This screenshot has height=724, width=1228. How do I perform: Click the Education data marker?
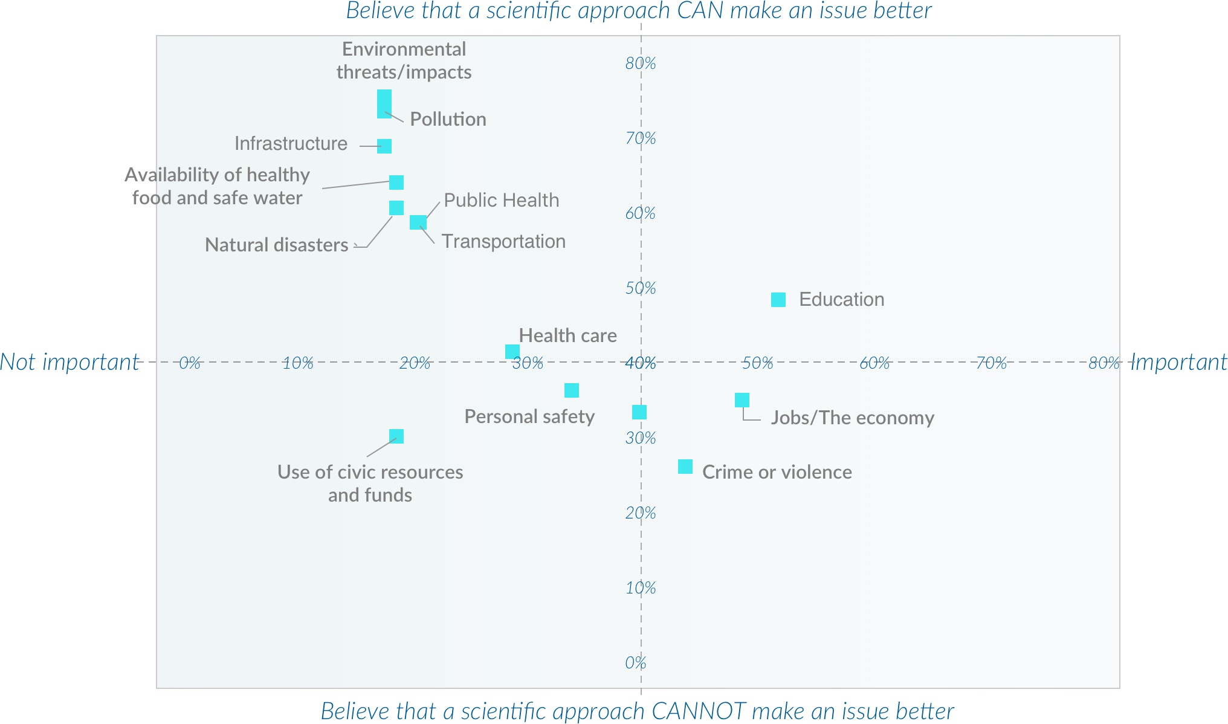[x=778, y=300]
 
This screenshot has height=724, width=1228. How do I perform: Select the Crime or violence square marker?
[x=685, y=467]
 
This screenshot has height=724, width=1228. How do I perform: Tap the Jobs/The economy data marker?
[x=742, y=400]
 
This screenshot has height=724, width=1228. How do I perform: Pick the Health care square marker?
[x=512, y=352]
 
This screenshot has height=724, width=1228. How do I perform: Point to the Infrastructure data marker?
[x=384, y=146]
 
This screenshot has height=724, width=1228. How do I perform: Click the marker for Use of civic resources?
[x=396, y=436]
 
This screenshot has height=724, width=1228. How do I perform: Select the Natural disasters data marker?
[x=396, y=208]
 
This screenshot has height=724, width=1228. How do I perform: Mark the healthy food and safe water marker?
[x=396, y=183]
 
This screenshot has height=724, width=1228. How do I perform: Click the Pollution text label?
[x=448, y=119]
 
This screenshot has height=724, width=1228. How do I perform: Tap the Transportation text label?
[x=503, y=241]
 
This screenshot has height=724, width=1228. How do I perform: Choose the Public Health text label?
[x=502, y=200]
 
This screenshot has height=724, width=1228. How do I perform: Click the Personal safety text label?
[x=529, y=416]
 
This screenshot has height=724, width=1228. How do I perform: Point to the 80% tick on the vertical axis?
[x=641, y=63]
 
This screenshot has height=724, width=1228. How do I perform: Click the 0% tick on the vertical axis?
[x=636, y=663]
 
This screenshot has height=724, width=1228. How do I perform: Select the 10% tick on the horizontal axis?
[x=299, y=363]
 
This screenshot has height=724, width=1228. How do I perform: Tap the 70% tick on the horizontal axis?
[x=992, y=363]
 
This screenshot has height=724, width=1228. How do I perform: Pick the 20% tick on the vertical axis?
[x=641, y=513]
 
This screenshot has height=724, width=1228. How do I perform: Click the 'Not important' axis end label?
[x=69, y=362]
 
